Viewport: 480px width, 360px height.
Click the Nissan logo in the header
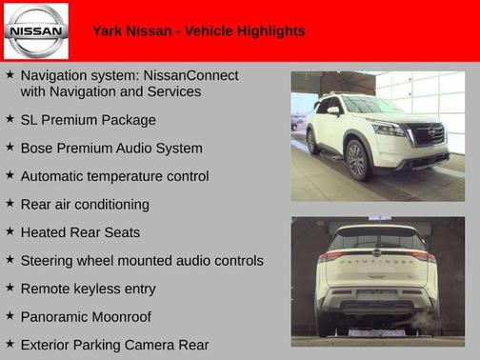tap(36, 30)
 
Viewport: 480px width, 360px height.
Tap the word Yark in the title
tap(109, 31)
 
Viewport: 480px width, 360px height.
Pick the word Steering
tap(49, 261)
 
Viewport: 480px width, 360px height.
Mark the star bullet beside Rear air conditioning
tap(10, 204)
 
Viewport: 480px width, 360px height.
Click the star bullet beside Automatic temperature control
tap(10, 176)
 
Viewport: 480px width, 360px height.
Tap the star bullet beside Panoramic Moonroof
tap(10, 315)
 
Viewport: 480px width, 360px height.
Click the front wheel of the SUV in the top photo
tap(359, 159)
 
